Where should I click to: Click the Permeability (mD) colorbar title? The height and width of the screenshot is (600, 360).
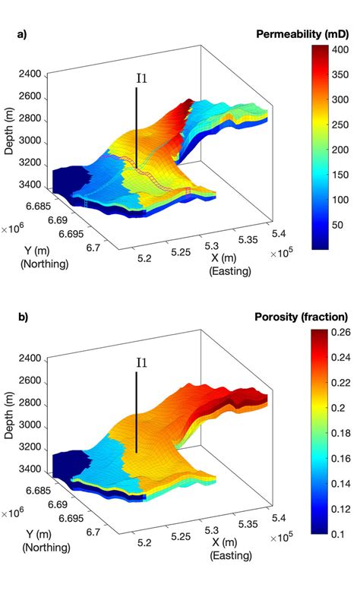point(302,33)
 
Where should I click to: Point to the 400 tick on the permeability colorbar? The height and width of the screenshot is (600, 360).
point(340,49)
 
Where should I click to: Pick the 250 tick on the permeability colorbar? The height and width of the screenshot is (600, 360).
point(340,125)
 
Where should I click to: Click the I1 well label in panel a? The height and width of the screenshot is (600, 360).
point(141,77)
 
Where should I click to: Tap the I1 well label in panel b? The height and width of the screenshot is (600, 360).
point(141,362)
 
